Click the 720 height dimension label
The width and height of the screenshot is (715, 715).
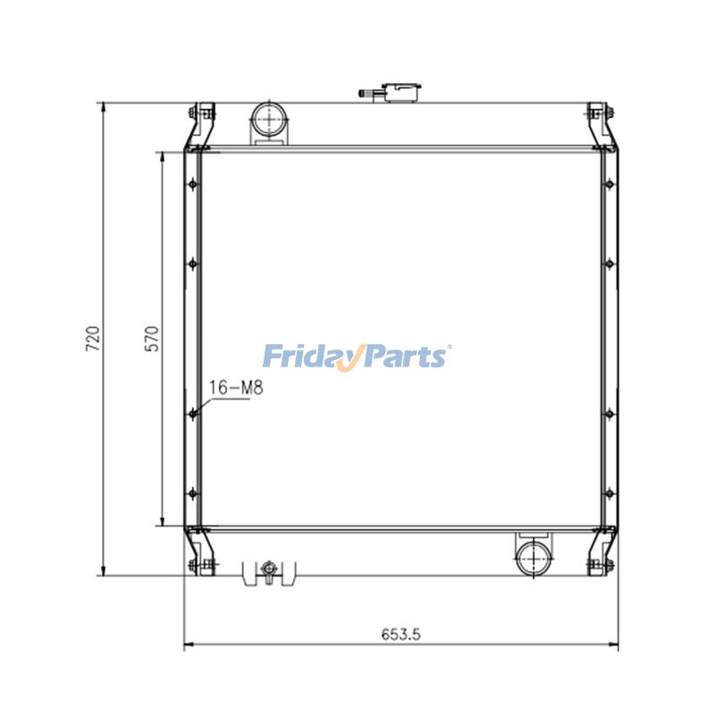pos(92,340)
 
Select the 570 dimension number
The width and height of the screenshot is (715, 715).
pos(151,340)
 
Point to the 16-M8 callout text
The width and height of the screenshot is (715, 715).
pos(235,388)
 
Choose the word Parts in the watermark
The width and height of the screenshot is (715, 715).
pos(405,357)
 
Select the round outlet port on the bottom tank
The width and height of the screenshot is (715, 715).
pos(534,559)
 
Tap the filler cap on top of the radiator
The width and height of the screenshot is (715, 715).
pos(398,91)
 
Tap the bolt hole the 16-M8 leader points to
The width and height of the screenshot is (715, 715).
pos(192,411)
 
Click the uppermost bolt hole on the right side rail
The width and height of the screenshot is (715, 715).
pos(610,184)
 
